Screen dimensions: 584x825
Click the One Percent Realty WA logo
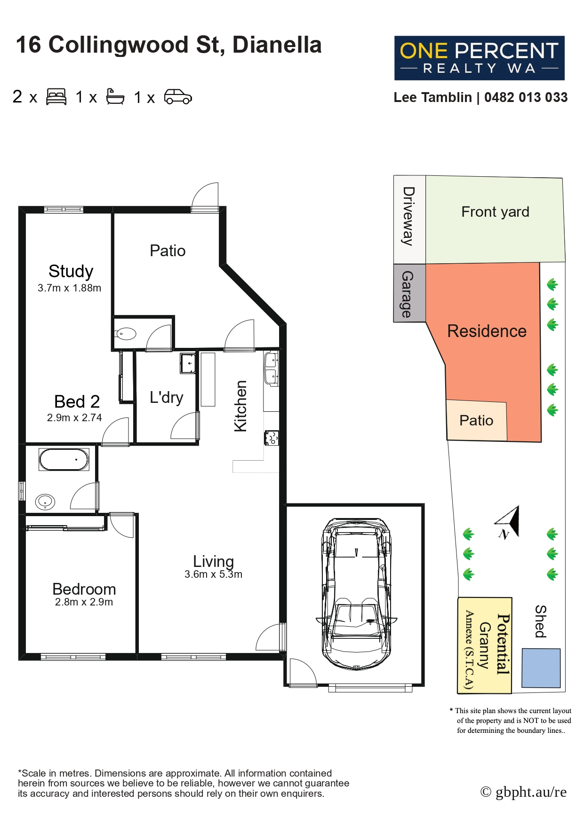click(479, 58)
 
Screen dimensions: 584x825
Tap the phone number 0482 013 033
click(526, 97)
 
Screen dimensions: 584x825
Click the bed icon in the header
click(56, 96)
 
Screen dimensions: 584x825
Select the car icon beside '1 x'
click(178, 96)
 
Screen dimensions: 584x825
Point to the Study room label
click(71, 271)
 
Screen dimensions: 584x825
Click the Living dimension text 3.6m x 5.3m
click(213, 574)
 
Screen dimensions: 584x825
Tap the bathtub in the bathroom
click(64, 460)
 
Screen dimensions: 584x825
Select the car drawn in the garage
click(356, 593)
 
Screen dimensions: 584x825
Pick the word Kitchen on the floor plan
click(240, 406)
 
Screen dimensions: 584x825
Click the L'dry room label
click(166, 397)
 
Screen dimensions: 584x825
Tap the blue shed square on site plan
click(541, 668)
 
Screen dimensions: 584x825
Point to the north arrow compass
click(508, 522)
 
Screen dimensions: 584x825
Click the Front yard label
click(495, 212)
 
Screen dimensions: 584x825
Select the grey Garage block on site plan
click(409, 293)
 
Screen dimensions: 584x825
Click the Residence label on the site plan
click(487, 331)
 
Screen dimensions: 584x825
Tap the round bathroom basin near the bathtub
click(45, 502)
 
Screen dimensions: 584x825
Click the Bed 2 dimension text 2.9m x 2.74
click(74, 417)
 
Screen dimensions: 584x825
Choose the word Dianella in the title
click(277, 45)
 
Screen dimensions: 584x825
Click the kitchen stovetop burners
click(272, 438)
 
